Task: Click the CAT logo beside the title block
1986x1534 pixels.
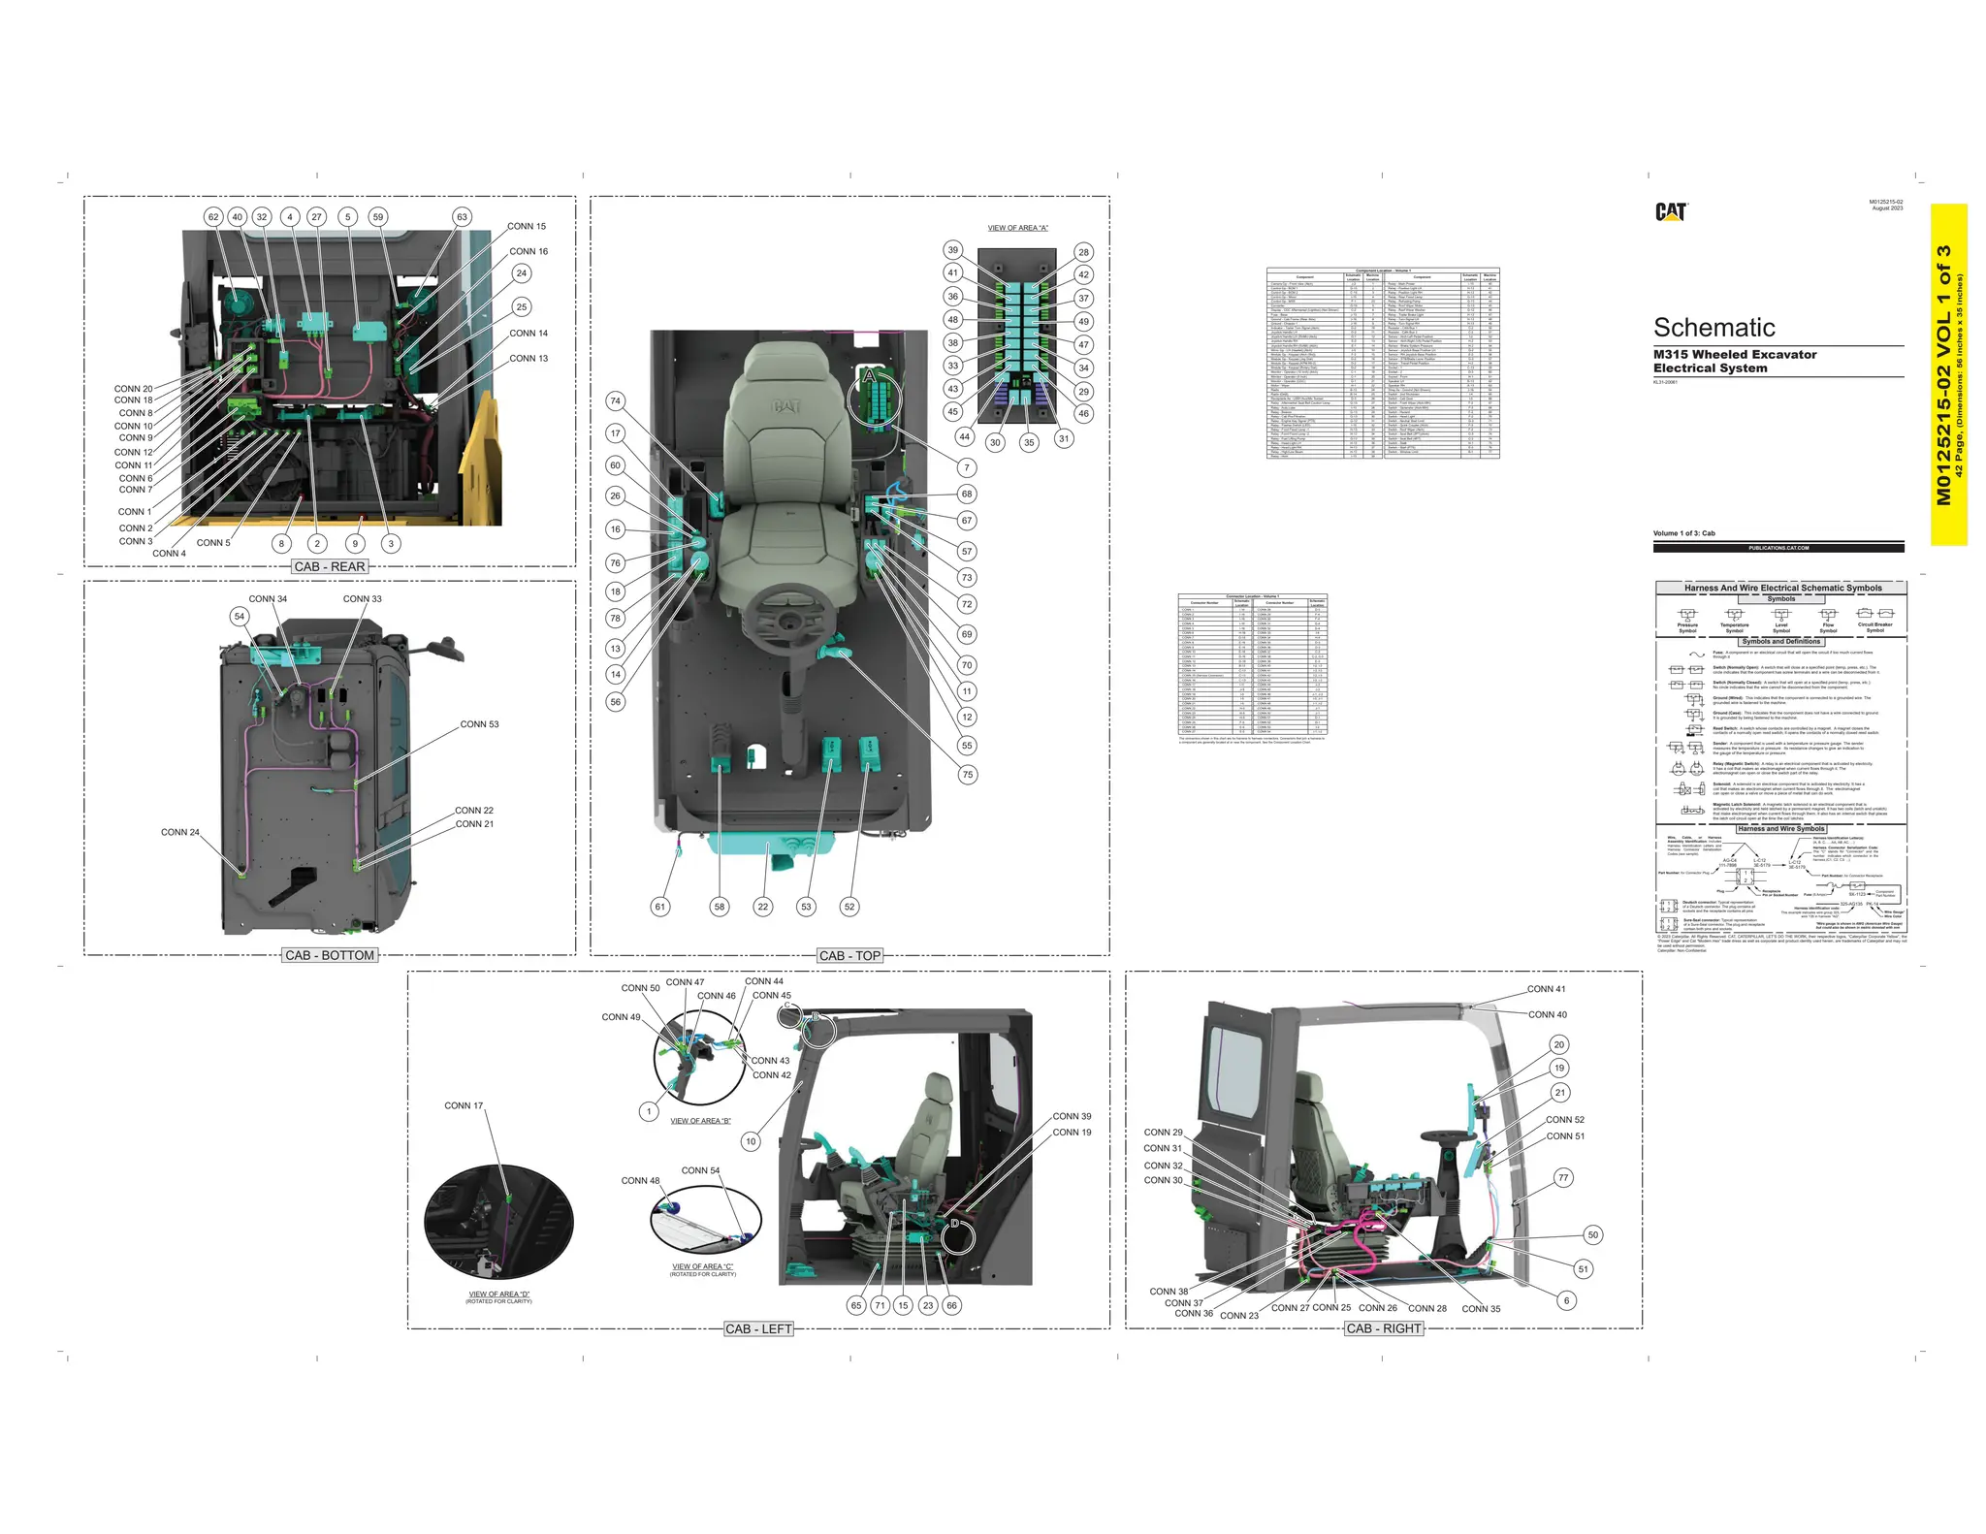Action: coord(1671,211)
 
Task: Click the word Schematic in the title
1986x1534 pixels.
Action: coord(1714,328)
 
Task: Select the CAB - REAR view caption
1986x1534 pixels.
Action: coord(330,566)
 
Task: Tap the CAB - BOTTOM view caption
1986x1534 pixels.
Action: coord(330,955)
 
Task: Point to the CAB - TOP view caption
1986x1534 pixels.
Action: coord(849,955)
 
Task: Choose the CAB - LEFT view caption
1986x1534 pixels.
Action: coord(758,1328)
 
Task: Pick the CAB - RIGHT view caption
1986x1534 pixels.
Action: coord(1384,1328)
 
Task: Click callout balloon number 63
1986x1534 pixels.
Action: coord(463,217)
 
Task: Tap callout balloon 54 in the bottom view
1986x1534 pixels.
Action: coord(240,617)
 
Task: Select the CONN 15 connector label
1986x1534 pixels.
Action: coord(527,227)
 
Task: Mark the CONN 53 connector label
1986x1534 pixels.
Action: coord(479,724)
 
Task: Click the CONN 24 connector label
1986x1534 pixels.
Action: coord(180,832)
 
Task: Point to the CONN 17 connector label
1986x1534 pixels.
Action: coord(464,1105)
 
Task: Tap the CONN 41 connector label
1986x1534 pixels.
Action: coord(1546,989)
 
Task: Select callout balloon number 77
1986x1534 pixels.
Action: coord(1562,1178)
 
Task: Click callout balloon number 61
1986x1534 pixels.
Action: coord(660,907)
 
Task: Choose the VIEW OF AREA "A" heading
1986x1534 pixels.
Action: coord(1017,228)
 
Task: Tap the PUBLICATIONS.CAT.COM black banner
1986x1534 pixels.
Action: coord(1778,548)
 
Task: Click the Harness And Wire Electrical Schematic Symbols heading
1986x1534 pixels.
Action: coord(1782,588)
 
